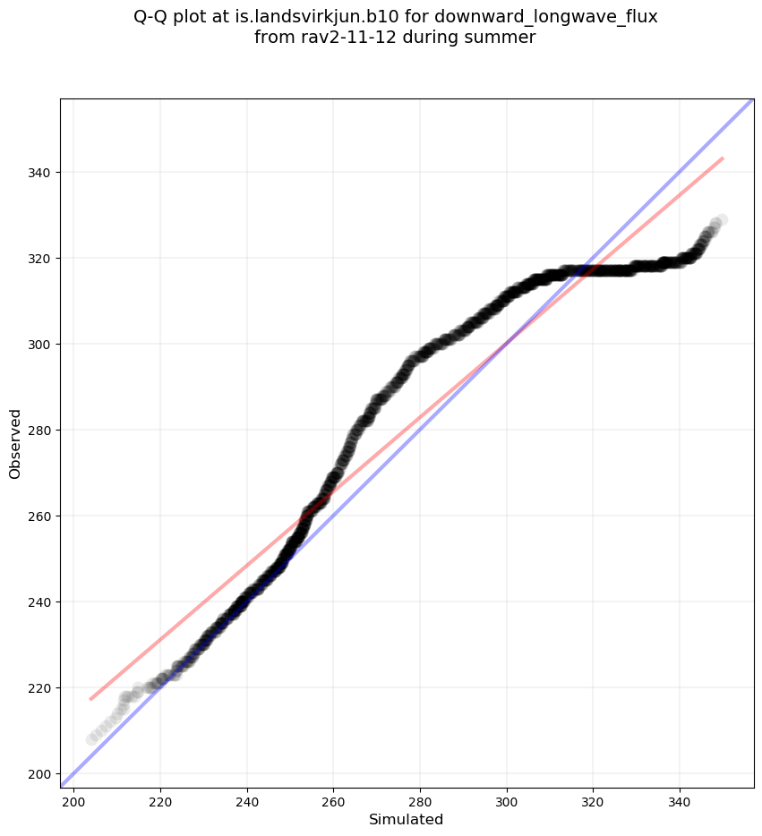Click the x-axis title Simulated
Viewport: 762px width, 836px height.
coord(406,819)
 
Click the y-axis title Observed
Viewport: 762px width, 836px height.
coord(15,443)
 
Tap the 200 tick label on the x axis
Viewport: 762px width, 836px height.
coord(73,800)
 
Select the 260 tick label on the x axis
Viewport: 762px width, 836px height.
coord(333,800)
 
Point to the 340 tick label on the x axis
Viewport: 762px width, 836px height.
coord(680,800)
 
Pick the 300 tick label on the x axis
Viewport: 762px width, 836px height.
coord(507,800)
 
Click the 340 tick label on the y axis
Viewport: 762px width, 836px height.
coord(40,172)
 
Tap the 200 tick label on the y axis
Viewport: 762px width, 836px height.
coord(40,773)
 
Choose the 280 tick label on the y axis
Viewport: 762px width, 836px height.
coord(40,430)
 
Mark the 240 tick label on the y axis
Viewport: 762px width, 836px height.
coord(40,601)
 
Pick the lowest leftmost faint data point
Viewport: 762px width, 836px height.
coord(91,739)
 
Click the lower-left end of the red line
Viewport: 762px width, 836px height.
coord(90,699)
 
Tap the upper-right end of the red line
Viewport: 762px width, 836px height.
coord(723,158)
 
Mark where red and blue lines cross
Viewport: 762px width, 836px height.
coord(507,344)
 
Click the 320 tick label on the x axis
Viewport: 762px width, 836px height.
coord(593,800)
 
